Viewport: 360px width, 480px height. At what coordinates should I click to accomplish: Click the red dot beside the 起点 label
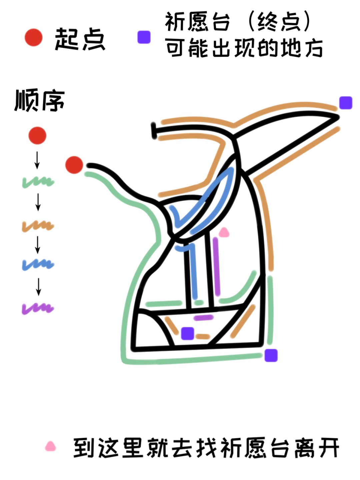(33, 37)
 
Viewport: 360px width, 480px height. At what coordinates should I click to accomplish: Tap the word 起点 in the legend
(80, 39)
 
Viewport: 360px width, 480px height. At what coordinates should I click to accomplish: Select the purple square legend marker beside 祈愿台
(144, 37)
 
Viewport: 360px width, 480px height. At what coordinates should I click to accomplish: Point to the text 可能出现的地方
(244, 48)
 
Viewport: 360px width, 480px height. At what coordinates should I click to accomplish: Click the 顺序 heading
(40, 101)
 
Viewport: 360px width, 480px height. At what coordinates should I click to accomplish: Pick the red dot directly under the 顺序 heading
(37, 135)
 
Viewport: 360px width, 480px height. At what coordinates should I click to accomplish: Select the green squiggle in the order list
(38, 182)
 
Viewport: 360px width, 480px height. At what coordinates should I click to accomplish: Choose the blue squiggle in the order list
(38, 264)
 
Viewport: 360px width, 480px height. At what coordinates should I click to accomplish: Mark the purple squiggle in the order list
(38, 308)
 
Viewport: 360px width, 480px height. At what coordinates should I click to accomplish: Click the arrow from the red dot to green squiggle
(37, 160)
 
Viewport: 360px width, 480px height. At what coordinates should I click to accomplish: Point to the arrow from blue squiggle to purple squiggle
(38, 287)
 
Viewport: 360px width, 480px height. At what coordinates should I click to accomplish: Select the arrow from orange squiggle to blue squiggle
(38, 245)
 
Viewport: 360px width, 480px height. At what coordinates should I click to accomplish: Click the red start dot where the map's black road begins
(74, 165)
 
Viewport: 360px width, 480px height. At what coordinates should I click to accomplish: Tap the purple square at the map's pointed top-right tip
(346, 103)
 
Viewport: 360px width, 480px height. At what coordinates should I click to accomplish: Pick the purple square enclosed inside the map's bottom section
(188, 333)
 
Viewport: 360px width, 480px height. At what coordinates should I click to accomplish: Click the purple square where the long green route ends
(271, 355)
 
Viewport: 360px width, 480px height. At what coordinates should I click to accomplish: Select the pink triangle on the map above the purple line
(224, 232)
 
